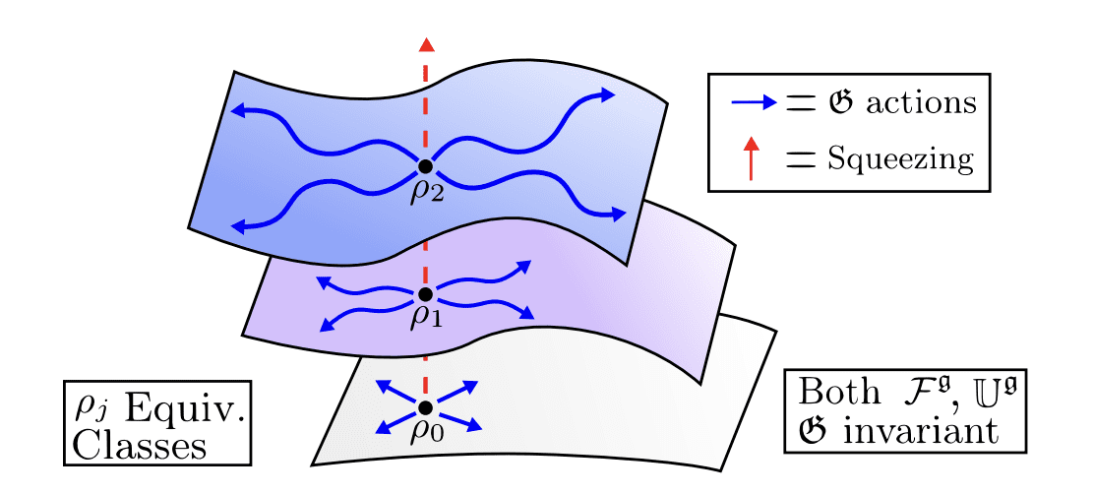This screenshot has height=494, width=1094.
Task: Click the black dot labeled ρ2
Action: coord(425,166)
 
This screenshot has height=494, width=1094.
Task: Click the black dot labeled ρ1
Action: coord(425,294)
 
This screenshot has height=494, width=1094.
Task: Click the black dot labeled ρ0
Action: coord(425,407)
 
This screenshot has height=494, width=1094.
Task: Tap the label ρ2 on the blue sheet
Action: coord(428,189)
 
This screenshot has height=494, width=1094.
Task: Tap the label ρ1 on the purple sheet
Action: coord(428,317)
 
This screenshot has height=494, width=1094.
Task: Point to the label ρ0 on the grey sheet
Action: coord(428,430)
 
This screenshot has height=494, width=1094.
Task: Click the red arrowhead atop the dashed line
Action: coord(425,43)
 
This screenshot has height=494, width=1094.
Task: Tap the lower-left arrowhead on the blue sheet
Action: coord(237,228)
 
